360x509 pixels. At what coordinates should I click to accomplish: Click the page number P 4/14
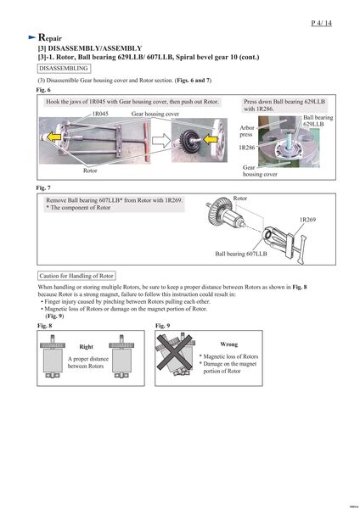pos(321,23)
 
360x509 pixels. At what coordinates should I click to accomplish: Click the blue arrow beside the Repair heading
pos(32,37)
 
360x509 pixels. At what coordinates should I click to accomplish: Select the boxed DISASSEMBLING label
pos(64,69)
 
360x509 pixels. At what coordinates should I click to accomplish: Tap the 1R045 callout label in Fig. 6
pos(100,114)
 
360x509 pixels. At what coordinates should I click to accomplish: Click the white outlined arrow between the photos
pos(161,141)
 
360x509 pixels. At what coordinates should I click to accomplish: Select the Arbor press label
pos(247,131)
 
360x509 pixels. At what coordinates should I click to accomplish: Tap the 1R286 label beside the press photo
pos(247,148)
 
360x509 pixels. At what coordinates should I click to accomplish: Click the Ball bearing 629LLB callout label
pos(318,120)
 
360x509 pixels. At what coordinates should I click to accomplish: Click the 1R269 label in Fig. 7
pos(307,220)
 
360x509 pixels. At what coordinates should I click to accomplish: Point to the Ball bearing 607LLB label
pos(241,254)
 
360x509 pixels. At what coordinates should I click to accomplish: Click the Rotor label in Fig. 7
pos(239,198)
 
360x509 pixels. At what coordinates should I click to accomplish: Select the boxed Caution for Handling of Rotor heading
pos(76,276)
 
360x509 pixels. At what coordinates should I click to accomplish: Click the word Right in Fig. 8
pos(86,347)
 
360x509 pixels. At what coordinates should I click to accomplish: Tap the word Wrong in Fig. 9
pos(228,344)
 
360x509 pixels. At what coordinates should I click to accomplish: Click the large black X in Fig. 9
pos(174,353)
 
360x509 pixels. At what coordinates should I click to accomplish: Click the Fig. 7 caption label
pos(43,187)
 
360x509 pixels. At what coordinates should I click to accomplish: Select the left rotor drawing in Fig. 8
pos(53,356)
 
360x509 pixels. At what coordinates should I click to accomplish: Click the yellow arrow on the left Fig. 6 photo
pos(53,137)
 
